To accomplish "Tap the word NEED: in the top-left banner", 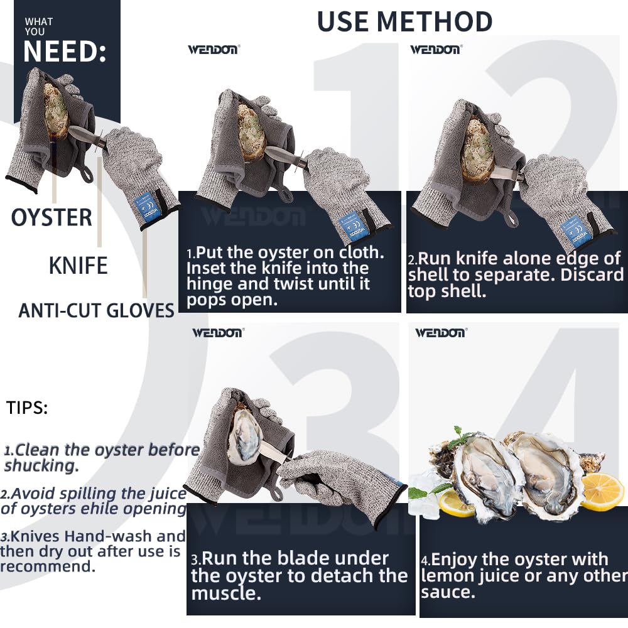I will point(65,51).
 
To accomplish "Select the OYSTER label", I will point(51,217).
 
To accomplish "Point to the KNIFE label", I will point(78,266).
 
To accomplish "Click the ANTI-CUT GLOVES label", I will point(96,310).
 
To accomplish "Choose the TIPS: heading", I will point(27,408).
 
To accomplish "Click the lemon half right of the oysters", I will point(602,492).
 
